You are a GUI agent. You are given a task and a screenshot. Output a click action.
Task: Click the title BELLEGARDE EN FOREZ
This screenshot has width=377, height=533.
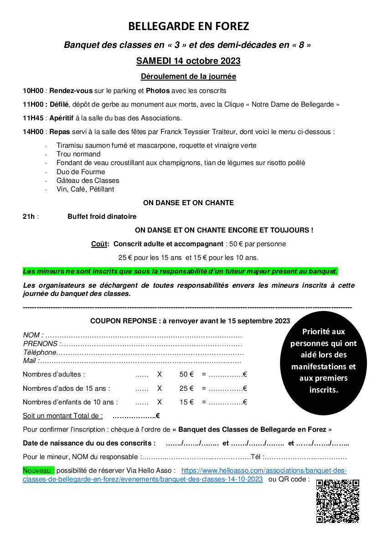(x=188, y=26)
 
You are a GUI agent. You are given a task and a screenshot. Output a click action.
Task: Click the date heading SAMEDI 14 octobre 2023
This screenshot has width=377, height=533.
(x=188, y=61)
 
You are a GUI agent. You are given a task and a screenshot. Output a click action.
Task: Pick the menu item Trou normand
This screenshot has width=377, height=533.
(x=78, y=154)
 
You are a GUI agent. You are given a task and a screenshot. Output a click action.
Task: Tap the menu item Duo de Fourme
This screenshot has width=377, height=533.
(x=81, y=172)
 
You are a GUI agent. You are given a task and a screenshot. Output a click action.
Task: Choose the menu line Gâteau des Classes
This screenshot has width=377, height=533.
(x=88, y=181)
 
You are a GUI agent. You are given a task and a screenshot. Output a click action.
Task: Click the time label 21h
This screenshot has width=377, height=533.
(x=29, y=217)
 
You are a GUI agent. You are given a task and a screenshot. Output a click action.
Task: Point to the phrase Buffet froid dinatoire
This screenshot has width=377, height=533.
(x=102, y=217)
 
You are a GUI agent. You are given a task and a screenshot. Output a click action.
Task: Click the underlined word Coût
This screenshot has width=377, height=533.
(x=99, y=244)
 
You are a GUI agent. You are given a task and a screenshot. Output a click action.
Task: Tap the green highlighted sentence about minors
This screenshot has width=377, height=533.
(x=180, y=271)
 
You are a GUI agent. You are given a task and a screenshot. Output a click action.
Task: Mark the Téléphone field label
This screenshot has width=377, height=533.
(x=40, y=352)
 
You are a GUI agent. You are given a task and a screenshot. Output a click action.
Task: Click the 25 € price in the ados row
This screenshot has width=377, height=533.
(x=186, y=388)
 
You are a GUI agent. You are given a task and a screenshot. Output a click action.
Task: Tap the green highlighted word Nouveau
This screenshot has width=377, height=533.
(x=38, y=470)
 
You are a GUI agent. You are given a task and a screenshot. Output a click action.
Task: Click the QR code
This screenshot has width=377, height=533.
(x=337, y=501)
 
